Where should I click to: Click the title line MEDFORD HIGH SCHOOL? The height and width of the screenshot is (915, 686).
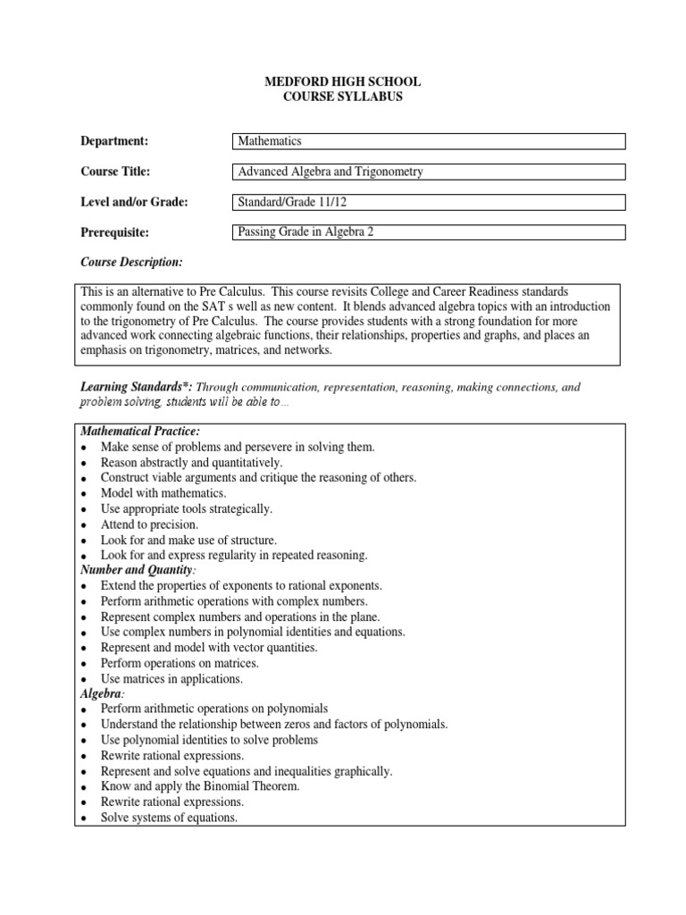click(343, 82)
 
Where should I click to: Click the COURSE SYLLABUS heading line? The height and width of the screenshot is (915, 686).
click(343, 97)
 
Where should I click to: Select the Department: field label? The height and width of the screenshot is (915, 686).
click(114, 141)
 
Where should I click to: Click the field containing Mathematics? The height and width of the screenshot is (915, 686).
click(428, 141)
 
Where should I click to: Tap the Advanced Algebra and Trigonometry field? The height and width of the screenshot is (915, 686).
click(428, 172)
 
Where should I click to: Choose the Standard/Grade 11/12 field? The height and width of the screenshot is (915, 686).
click(428, 202)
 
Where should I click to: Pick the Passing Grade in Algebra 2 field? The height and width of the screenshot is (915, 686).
click(428, 232)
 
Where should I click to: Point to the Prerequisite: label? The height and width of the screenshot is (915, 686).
click(115, 232)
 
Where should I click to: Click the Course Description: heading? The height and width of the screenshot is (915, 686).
click(131, 262)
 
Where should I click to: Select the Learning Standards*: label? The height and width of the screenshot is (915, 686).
click(136, 387)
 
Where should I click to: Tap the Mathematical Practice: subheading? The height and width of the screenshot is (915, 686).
click(133, 432)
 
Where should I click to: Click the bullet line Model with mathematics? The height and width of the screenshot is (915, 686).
click(163, 493)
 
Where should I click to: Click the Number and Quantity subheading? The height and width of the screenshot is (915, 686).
click(137, 570)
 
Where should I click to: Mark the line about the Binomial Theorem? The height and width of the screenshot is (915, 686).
click(199, 786)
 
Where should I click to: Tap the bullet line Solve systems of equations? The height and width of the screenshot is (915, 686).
click(169, 818)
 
